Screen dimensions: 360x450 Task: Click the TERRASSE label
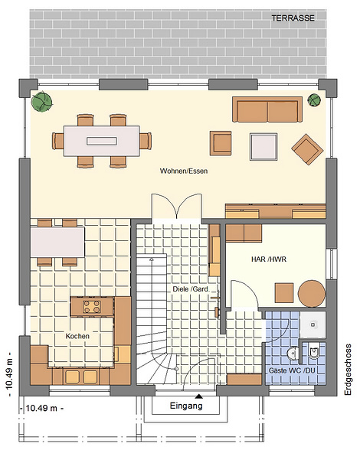pyautogui.click(x=293, y=18)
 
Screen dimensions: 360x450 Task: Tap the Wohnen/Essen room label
pyautogui.click(x=184, y=171)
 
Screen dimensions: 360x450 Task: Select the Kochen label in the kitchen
pyautogui.click(x=77, y=336)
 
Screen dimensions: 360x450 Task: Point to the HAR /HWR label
pyautogui.click(x=269, y=259)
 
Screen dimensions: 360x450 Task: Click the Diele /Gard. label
pyautogui.click(x=191, y=289)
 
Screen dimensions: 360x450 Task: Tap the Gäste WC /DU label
pyautogui.click(x=292, y=370)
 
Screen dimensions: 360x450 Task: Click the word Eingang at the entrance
pyautogui.click(x=186, y=406)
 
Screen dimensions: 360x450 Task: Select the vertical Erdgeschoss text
pyautogui.click(x=349, y=370)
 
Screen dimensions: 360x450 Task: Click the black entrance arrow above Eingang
pyautogui.click(x=198, y=396)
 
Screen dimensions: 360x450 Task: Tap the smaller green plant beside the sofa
pyautogui.click(x=314, y=100)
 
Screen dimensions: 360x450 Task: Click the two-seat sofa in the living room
pyautogui.click(x=267, y=109)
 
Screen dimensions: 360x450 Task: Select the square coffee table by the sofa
pyautogui.click(x=263, y=147)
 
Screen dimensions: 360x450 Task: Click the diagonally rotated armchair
pyautogui.click(x=307, y=149)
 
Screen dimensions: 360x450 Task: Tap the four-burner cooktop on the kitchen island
pyautogui.click(x=92, y=306)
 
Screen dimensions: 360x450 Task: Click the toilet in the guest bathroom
pyautogui.click(x=314, y=353)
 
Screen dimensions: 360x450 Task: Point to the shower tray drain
pyautogui.click(x=313, y=324)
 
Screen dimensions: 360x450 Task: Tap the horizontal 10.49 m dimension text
pyautogui.click(x=41, y=408)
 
